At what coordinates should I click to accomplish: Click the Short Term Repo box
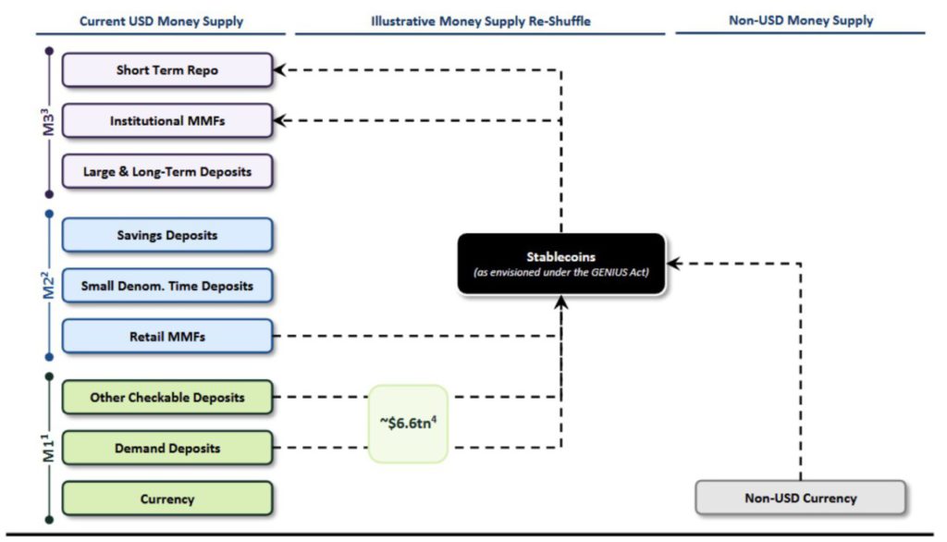point(167,70)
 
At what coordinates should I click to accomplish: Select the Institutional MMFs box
point(167,121)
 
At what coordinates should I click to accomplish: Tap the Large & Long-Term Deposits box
point(167,172)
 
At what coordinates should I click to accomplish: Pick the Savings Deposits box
point(167,235)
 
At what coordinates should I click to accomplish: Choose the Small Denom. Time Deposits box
point(167,286)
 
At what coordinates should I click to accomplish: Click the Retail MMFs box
point(167,337)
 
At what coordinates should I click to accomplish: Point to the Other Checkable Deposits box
point(167,398)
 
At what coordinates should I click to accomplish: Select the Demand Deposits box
point(167,449)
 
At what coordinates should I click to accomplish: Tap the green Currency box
point(167,499)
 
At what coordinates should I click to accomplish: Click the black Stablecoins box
point(561,264)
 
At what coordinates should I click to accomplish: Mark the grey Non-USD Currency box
point(801,498)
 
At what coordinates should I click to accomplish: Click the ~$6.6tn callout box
point(408,424)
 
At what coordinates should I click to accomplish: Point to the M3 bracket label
point(49,120)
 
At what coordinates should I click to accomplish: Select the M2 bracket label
point(49,286)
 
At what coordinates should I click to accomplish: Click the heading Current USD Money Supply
point(162,20)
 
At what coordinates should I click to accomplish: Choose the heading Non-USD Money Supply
point(801,20)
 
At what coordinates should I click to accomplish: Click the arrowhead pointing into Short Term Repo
point(281,70)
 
